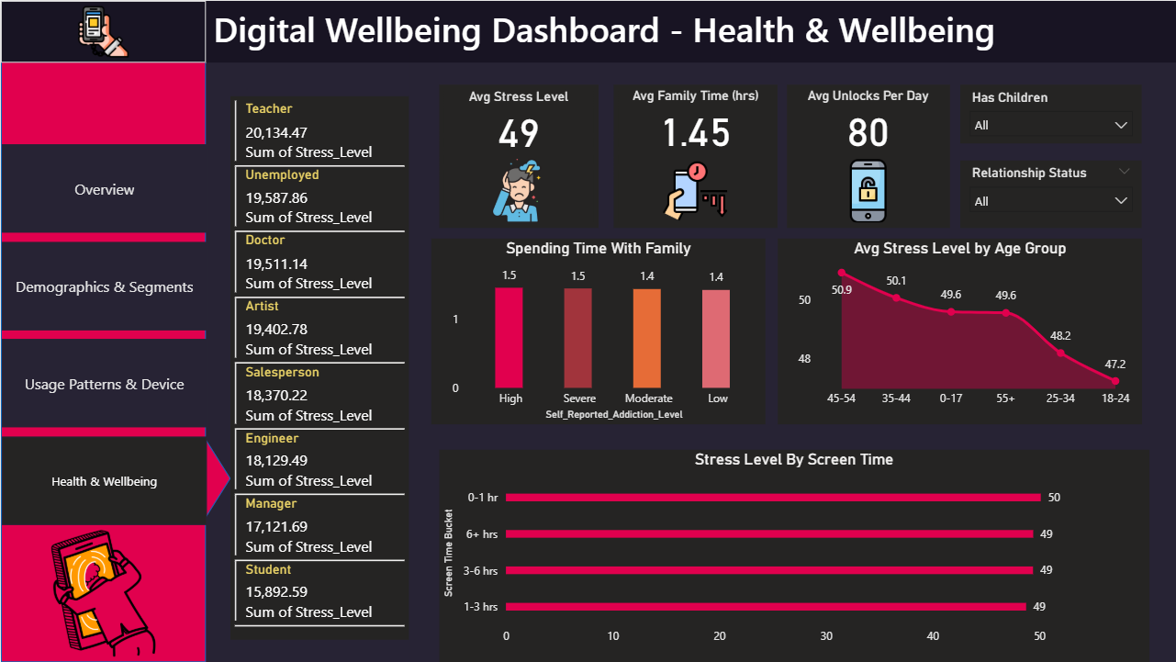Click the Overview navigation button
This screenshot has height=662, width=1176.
104,190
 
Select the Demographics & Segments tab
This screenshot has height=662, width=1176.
104,287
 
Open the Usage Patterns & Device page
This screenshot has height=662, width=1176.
104,385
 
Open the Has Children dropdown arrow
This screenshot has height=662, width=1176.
1120,125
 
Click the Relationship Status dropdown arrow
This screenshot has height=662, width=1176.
1120,201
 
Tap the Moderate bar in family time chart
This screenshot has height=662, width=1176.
648,338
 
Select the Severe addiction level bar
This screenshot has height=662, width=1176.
578,338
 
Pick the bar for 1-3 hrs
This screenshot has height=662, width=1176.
766,607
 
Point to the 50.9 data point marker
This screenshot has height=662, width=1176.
841,273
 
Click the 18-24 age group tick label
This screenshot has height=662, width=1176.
1115,398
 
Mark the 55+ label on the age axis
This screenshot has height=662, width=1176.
1005,398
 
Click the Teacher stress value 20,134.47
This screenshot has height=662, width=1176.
275,132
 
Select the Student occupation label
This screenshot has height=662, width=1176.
268,569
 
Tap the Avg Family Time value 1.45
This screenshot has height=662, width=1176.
696,134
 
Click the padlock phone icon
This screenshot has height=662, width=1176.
868,191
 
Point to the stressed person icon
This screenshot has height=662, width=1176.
520,191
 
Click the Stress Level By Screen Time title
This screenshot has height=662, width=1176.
793,460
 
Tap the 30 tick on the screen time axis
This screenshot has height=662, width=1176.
826,636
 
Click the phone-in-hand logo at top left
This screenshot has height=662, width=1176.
103,31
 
